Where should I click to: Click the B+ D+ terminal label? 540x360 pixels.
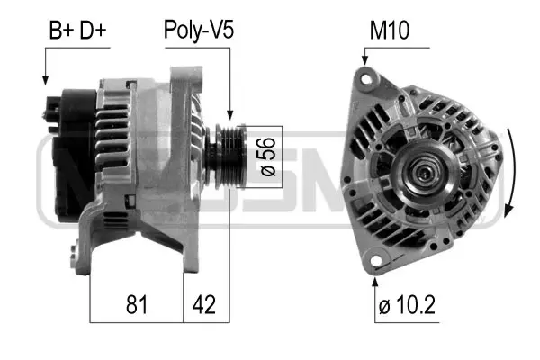point(76,31)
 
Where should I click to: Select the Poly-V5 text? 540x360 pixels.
point(198,31)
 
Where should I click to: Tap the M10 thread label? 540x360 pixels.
point(389,31)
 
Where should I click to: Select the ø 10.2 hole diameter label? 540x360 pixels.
point(407,307)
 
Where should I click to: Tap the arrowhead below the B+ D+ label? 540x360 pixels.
point(45,81)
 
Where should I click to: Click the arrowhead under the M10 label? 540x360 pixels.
point(364,61)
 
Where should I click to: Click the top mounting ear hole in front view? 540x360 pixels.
point(365,81)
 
